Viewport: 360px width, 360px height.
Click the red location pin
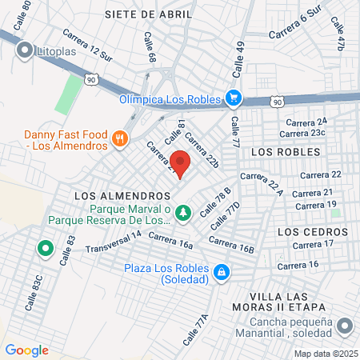pos(181,163)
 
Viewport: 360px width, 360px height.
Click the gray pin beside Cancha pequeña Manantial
pos(345,326)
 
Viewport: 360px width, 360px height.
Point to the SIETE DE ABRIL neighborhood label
pos(148,14)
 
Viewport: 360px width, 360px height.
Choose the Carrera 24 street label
pos(310,121)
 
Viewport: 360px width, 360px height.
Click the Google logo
pos(26,350)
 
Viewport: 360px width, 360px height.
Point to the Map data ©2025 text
pos(324,353)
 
